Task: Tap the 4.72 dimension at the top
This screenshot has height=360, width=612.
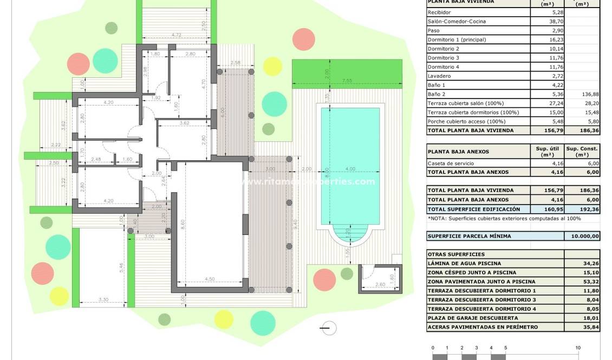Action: [x=175, y=35]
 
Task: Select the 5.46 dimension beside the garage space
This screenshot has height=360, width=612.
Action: [x=122, y=266]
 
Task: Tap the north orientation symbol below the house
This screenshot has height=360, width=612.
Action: [x=328, y=328]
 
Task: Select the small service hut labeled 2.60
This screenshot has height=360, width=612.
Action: [x=380, y=278]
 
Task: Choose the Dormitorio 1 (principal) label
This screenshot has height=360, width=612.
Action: [x=457, y=40]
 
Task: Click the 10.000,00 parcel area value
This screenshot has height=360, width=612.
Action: [x=582, y=236]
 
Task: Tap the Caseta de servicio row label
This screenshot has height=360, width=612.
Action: [x=451, y=163]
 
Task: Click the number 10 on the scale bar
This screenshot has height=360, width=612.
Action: [x=578, y=348]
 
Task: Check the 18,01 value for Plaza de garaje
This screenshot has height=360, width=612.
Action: [x=582, y=318]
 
